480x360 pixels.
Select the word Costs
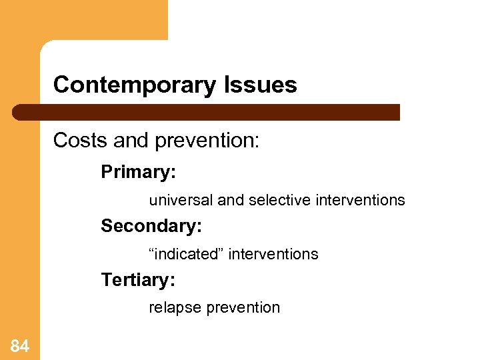click(x=75, y=141)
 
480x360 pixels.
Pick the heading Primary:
click(x=138, y=172)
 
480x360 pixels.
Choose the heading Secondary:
click(x=151, y=226)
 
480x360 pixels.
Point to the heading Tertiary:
click(x=138, y=280)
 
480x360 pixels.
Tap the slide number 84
click(x=20, y=345)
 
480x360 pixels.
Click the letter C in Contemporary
click(x=60, y=85)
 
